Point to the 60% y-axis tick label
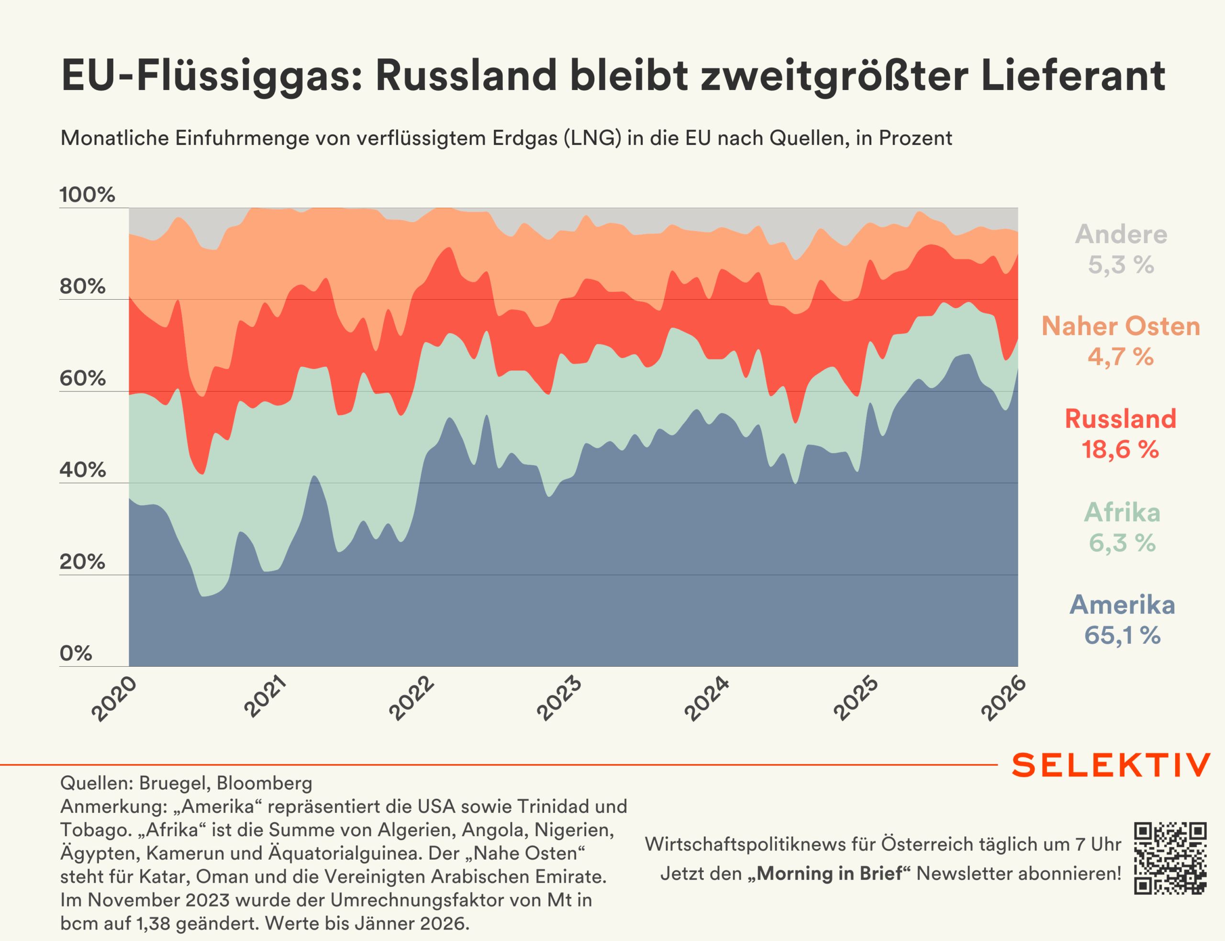coord(83,379)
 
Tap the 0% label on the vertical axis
coord(76,653)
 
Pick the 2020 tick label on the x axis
coord(114,698)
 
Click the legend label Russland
coord(1120,419)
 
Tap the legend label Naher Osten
coord(1121,326)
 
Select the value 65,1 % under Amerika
coord(1122,636)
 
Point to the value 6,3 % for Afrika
coord(1122,543)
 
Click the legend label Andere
coord(1121,234)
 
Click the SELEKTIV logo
coord(1111,765)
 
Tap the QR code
coord(1170,858)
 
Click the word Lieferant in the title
coord(1073,76)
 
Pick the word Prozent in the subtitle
coord(915,138)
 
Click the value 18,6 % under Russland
coord(1120,450)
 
